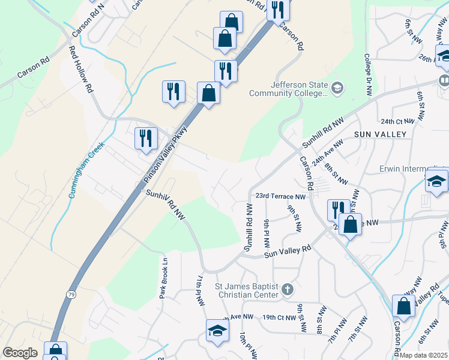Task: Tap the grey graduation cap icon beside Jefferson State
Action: pyautogui.click(x=337, y=89)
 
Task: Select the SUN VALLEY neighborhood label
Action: pyautogui.click(x=380, y=134)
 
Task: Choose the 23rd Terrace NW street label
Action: pyautogui.click(x=280, y=196)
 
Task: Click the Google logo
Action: pyautogui.click(x=20, y=353)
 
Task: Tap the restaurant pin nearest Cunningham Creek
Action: pyautogui.click(x=146, y=139)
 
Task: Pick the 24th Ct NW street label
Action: pyautogui.click(x=398, y=121)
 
